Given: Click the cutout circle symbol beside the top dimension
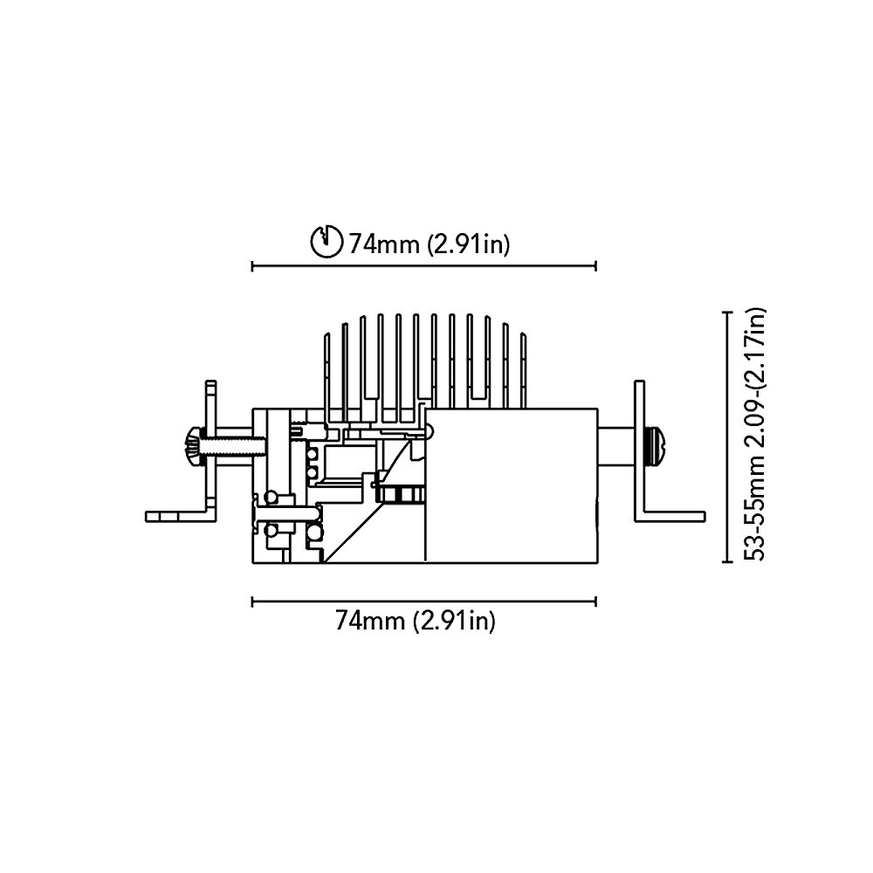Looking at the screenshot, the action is point(326,242).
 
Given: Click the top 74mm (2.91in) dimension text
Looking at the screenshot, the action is point(430,244).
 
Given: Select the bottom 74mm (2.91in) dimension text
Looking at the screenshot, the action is point(415,620).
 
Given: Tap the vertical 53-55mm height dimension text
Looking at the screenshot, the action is point(756,434).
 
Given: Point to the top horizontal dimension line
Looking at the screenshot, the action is point(424,266).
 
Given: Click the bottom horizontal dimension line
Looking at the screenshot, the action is point(424,601).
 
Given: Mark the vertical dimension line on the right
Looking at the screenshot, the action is point(726,437).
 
